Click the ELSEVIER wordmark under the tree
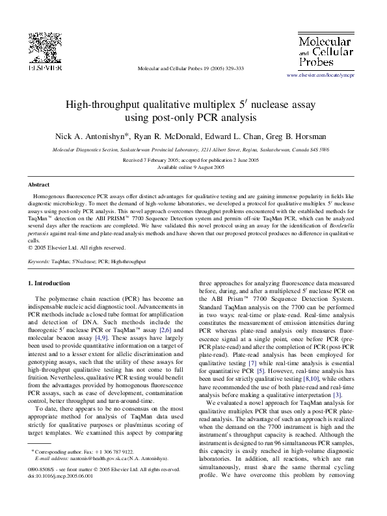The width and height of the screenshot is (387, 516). coord(44,66)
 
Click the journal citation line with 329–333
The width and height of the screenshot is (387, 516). coord(191,68)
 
